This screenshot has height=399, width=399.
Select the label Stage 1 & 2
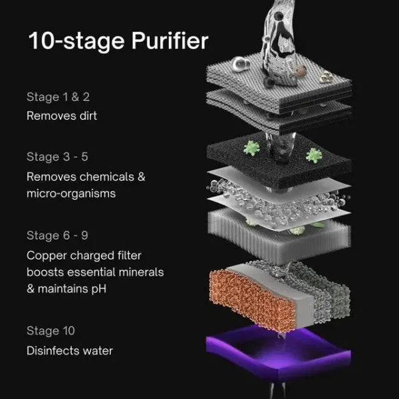(58, 97)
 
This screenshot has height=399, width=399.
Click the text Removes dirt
(61, 116)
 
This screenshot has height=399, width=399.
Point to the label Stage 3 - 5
(59, 158)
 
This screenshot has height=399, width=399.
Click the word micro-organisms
(71, 194)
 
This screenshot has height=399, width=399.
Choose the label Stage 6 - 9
(59, 236)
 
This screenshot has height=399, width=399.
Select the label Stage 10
(51, 331)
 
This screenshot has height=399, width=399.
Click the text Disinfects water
(70, 350)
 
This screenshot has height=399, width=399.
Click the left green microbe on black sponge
(251, 147)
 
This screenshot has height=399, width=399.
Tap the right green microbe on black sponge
(313, 156)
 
